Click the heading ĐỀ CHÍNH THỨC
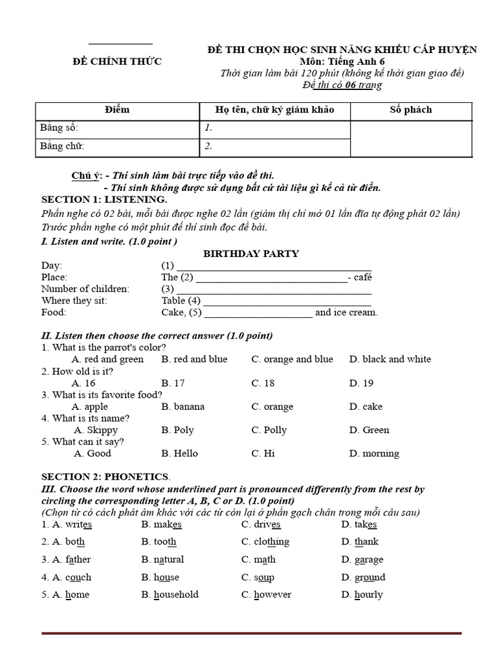pyautogui.click(x=116, y=62)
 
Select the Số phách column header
pyautogui.click(x=410, y=109)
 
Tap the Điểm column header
pyautogui.click(x=116, y=109)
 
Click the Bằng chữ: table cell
pyautogui.click(x=116, y=146)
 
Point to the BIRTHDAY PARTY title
pyautogui.click(x=251, y=253)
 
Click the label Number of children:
pyautogui.click(x=85, y=289)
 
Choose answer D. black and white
pyautogui.click(x=390, y=359)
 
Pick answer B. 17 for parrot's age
pyautogui.click(x=173, y=383)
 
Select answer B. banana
pyautogui.click(x=182, y=407)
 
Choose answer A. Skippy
pyautogui.click(x=95, y=430)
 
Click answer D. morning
pyautogui.click(x=374, y=453)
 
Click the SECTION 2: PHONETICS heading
pyautogui.click(x=105, y=477)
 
